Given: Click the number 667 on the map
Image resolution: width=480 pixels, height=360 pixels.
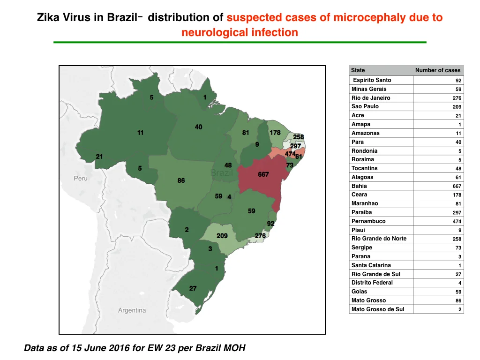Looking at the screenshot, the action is (x=263, y=174).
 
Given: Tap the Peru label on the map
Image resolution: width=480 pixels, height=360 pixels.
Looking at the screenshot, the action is (x=81, y=178).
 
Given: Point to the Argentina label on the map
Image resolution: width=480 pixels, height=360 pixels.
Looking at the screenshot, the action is (x=132, y=310).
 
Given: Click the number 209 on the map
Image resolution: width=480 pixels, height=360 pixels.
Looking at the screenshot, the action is (x=222, y=236).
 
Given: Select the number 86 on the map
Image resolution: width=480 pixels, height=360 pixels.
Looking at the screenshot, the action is (x=181, y=180).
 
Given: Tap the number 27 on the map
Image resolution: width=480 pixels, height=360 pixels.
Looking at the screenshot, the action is (x=193, y=288).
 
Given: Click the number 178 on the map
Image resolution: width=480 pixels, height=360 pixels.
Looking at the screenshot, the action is (x=275, y=133).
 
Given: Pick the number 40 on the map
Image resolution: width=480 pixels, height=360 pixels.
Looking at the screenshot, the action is (x=198, y=127).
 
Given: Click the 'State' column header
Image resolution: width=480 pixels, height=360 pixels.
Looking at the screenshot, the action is (x=358, y=70).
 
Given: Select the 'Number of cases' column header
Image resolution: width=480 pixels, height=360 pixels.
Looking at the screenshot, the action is (x=438, y=70).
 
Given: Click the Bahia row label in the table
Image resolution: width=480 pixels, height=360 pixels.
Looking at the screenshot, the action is (x=359, y=186).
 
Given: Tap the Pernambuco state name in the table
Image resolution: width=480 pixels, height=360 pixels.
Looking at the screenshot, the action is (x=368, y=221).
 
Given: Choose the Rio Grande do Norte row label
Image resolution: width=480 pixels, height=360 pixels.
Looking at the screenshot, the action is (x=379, y=239).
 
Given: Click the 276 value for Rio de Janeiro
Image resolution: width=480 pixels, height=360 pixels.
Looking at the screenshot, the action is (x=457, y=98).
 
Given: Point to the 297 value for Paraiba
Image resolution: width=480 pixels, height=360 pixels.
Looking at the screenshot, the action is (x=457, y=212).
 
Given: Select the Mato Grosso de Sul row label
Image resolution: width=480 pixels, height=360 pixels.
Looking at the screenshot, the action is (x=378, y=309).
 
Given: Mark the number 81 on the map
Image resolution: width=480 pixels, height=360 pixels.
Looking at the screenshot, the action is (x=246, y=133).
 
